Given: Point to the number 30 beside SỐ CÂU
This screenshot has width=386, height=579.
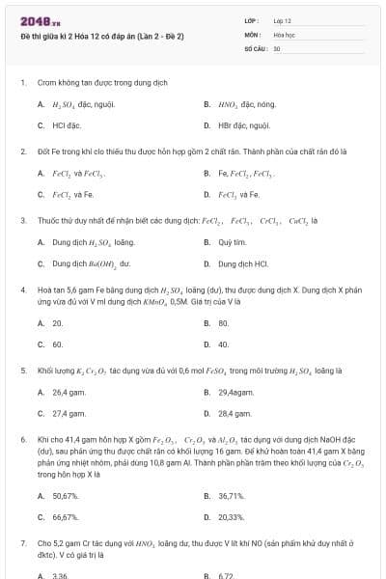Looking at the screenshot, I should [x=277, y=47].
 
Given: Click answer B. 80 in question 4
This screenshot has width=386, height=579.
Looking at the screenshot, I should [x=223, y=323].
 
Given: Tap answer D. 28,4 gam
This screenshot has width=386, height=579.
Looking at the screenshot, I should [x=234, y=413].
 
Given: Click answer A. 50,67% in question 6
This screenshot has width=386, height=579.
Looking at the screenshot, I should [x=65, y=495].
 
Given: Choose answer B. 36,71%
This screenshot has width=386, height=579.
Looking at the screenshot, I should [x=231, y=495].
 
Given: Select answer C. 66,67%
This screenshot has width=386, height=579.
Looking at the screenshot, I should [x=65, y=516].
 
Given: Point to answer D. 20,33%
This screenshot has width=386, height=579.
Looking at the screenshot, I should [x=231, y=516].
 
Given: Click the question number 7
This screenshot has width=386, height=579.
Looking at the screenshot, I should [x=23, y=542].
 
